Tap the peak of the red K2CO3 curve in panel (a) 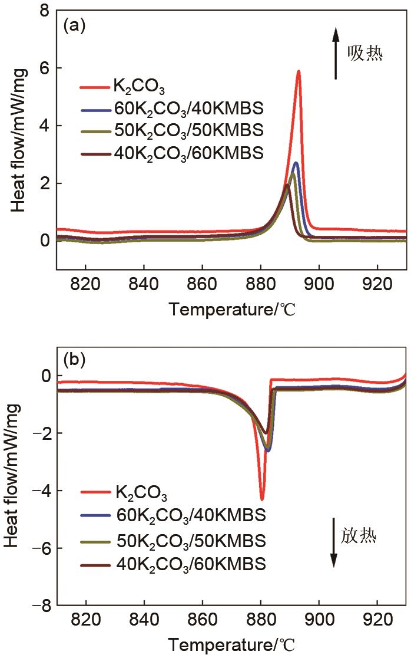coord(299,71)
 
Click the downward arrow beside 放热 coord(333,543)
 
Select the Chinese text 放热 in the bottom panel coord(359,537)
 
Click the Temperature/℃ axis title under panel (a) coord(231,308)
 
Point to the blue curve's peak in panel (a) coord(296,163)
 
